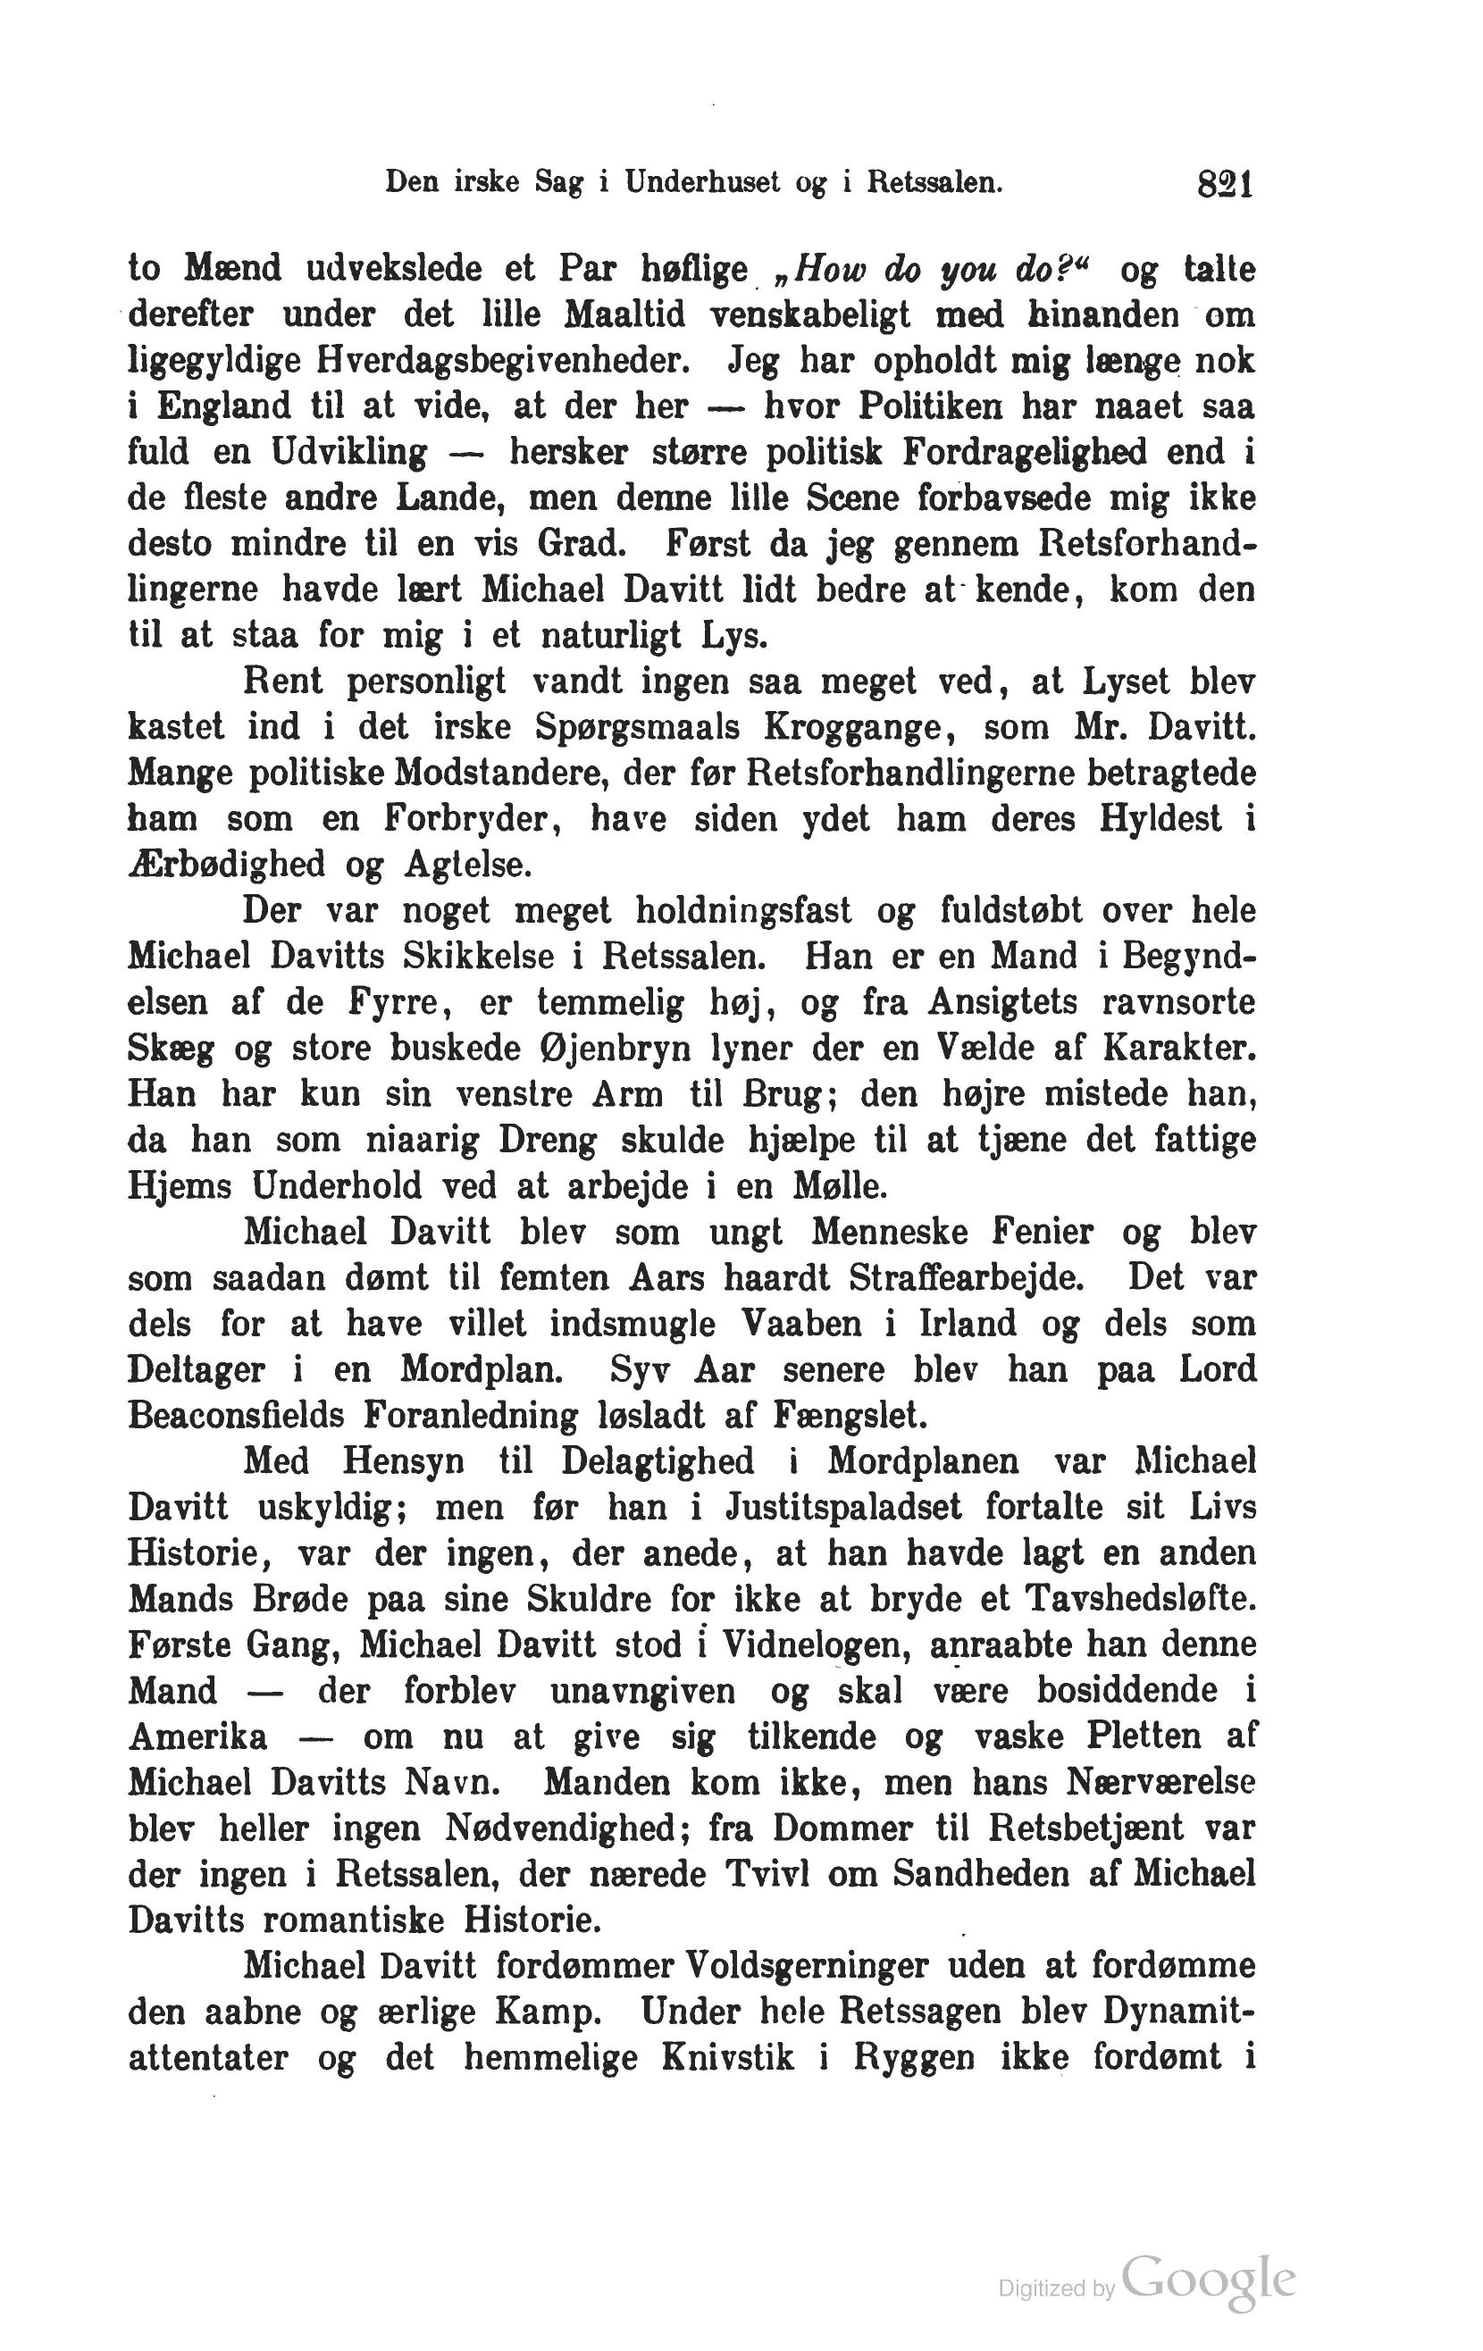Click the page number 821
pos(1225,183)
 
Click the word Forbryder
pos(473,818)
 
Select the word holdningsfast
pos(743,910)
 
